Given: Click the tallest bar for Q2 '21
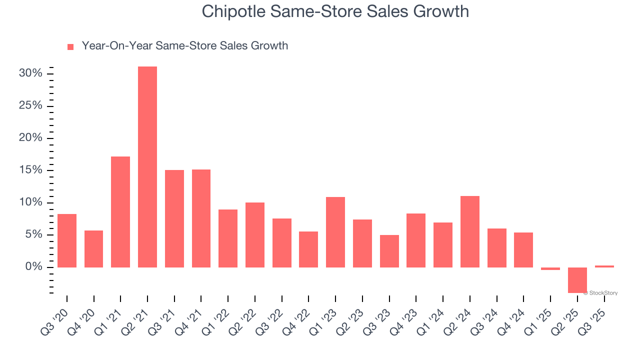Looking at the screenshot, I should pyautogui.click(x=147, y=167).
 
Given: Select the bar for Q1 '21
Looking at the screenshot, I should pyautogui.click(x=120, y=212).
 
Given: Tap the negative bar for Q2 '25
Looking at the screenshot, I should pyautogui.click(x=577, y=280).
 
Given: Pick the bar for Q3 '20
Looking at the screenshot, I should pyautogui.click(x=67, y=240).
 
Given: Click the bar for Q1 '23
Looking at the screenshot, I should pyautogui.click(x=335, y=232).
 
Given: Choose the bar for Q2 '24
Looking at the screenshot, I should pyautogui.click(x=470, y=231).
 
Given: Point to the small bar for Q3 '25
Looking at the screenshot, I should pyautogui.click(x=604, y=266).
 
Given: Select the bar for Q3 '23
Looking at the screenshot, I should pyautogui.click(x=389, y=251).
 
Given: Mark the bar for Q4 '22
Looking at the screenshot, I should pyautogui.click(x=308, y=249).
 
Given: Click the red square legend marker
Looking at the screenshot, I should pyautogui.click(x=70, y=46).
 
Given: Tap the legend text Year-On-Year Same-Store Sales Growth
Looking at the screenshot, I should pyautogui.click(x=184, y=46).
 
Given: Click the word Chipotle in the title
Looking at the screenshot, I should pyautogui.click(x=233, y=11).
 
